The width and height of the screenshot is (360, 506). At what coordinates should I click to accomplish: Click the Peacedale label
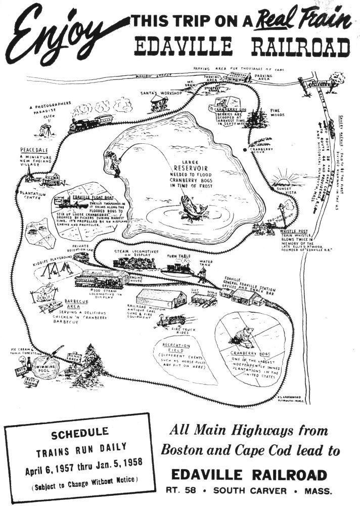(34, 151)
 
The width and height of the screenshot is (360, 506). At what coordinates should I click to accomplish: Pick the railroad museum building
(162, 299)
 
